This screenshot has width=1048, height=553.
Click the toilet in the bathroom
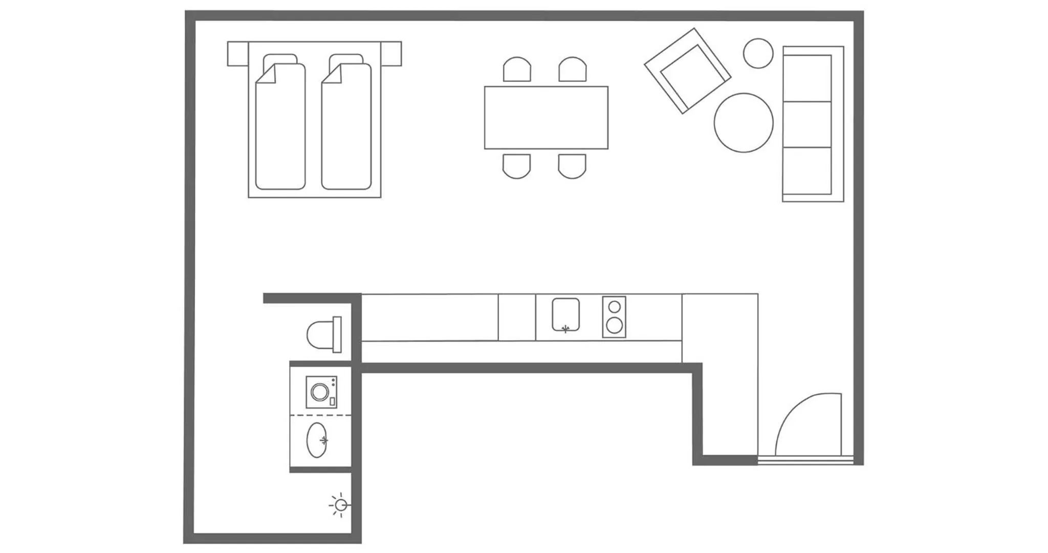(322, 335)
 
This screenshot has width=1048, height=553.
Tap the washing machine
(321, 392)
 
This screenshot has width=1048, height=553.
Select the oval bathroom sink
(317, 440)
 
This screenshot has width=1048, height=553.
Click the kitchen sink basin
(565, 314)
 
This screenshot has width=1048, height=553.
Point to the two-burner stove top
(614, 317)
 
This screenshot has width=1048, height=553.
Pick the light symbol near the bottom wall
(340, 505)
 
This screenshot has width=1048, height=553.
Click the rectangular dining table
(546, 118)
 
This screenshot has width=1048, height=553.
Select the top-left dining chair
(517, 70)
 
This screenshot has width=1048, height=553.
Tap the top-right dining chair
(572, 70)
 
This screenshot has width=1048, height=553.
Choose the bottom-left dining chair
(517, 166)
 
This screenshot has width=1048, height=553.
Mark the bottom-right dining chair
(572, 166)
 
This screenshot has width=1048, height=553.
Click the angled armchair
(687, 71)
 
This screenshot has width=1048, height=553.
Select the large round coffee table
(744, 123)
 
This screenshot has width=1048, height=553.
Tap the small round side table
(758, 53)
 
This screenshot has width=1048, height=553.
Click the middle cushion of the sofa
(807, 124)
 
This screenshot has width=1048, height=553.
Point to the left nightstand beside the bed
(237, 54)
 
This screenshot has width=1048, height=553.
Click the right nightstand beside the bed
(391, 54)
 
